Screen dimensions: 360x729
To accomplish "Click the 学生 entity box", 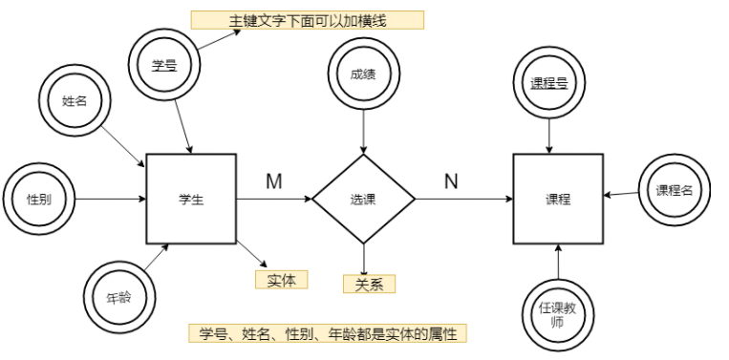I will (191, 200).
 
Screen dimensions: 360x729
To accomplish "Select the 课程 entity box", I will (558, 200).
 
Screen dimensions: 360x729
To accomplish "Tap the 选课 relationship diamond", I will (363, 200).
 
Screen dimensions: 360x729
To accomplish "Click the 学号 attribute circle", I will (165, 65).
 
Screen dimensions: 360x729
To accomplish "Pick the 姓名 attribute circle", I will (75, 99).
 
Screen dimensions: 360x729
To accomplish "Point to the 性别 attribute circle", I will (38, 200).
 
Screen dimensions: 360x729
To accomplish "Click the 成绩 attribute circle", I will (363, 73).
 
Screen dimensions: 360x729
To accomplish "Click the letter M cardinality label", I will (273, 181).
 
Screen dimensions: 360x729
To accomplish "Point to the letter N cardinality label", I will (452, 181).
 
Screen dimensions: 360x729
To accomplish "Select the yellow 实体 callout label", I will (281, 280).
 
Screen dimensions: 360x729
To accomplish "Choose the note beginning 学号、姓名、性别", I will (327, 333).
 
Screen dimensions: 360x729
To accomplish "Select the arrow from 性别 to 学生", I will (109, 200).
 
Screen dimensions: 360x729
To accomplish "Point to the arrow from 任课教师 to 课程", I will (558, 264).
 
